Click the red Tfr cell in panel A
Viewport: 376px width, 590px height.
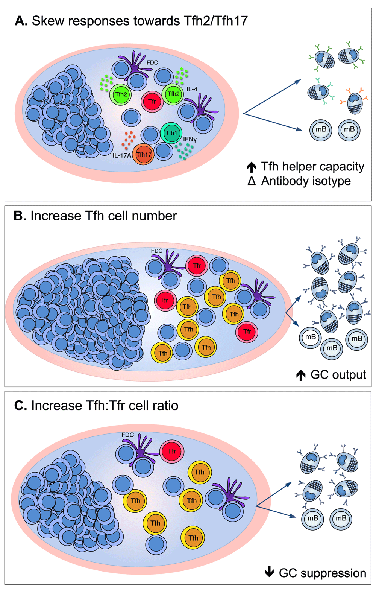coord(152,102)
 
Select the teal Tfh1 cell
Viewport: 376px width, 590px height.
coord(171,133)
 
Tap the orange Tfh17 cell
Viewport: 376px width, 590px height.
coord(143,154)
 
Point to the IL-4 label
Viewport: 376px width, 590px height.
coord(192,89)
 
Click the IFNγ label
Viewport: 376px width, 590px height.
coord(190,139)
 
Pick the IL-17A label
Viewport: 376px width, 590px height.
coord(121,155)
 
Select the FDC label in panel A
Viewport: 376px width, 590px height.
coord(152,62)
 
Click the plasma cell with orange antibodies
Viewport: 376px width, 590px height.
coord(354,102)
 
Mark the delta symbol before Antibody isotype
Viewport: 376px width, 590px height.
coord(252,181)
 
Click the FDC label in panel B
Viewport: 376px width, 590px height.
coord(156,251)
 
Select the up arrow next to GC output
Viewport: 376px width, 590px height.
coord(300,375)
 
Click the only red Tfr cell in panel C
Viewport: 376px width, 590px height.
coord(172,451)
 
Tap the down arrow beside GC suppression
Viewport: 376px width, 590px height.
coord(269,573)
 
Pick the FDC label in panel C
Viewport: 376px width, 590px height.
coord(127,435)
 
